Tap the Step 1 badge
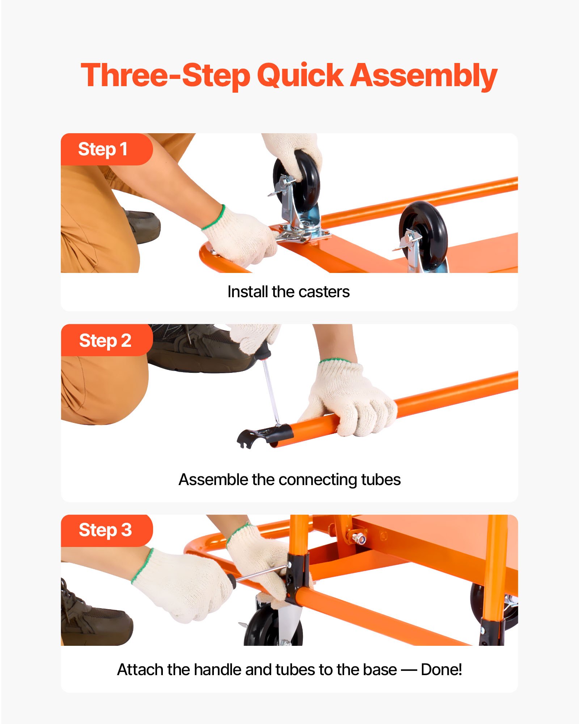tap(103, 149)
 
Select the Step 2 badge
tap(105, 340)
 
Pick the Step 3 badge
tap(105, 530)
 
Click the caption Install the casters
tap(288, 292)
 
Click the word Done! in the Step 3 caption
tap(441, 670)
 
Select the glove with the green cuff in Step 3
tap(185, 583)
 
